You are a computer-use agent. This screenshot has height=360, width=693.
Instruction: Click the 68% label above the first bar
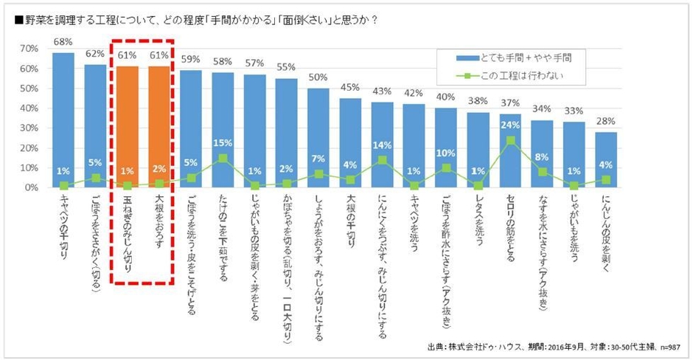click(63, 42)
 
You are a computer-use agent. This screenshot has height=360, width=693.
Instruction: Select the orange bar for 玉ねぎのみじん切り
click(128, 125)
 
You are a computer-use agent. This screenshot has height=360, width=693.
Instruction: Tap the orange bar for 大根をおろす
click(159, 125)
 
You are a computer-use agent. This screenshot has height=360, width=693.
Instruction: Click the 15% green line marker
click(223, 158)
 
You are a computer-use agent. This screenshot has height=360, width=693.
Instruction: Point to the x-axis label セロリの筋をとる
click(510, 229)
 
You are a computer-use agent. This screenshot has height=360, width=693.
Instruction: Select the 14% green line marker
click(383, 159)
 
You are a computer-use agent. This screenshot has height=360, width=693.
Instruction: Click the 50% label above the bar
click(318, 77)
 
